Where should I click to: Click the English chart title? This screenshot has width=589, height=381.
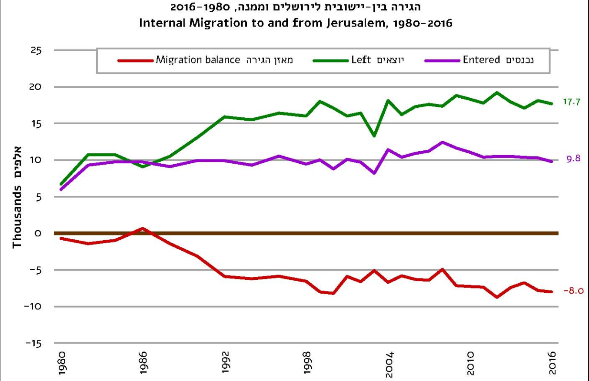pos(296,23)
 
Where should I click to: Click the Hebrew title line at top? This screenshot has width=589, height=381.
pos(296,7)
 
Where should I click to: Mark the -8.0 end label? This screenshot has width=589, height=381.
pos(572,292)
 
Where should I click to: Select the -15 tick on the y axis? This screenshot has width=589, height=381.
pos(34,344)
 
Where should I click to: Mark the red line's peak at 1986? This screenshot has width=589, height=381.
pos(143,228)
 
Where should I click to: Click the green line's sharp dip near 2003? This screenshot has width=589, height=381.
pos(375,136)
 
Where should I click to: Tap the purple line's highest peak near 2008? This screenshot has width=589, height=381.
pos(443,142)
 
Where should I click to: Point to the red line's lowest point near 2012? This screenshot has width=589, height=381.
pos(497,297)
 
